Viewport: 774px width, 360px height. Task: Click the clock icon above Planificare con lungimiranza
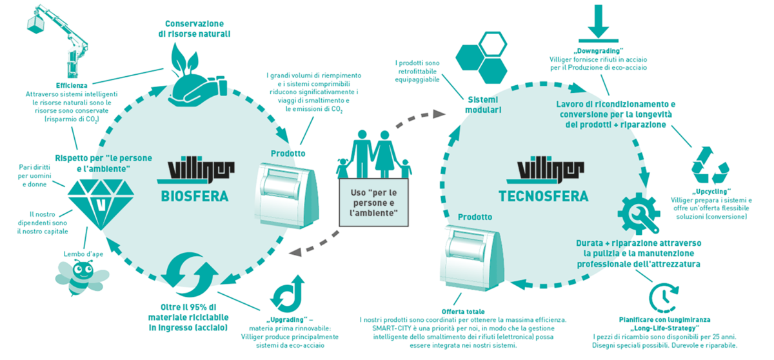[x=660, y=295]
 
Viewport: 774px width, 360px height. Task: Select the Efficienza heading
[x=72, y=86]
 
